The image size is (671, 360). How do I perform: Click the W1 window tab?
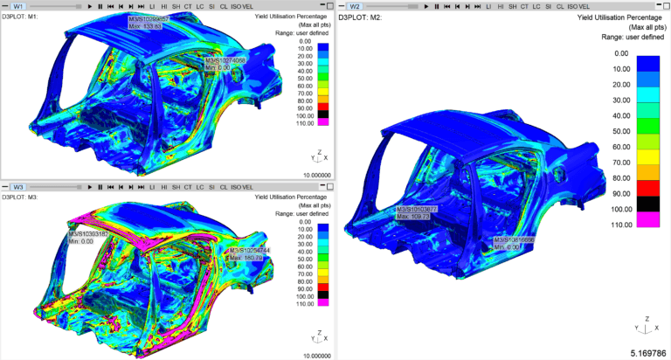click(x=18, y=6)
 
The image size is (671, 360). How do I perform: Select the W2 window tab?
click(x=355, y=6)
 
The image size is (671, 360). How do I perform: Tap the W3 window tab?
click(x=18, y=187)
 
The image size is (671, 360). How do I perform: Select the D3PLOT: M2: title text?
click(x=366, y=17)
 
